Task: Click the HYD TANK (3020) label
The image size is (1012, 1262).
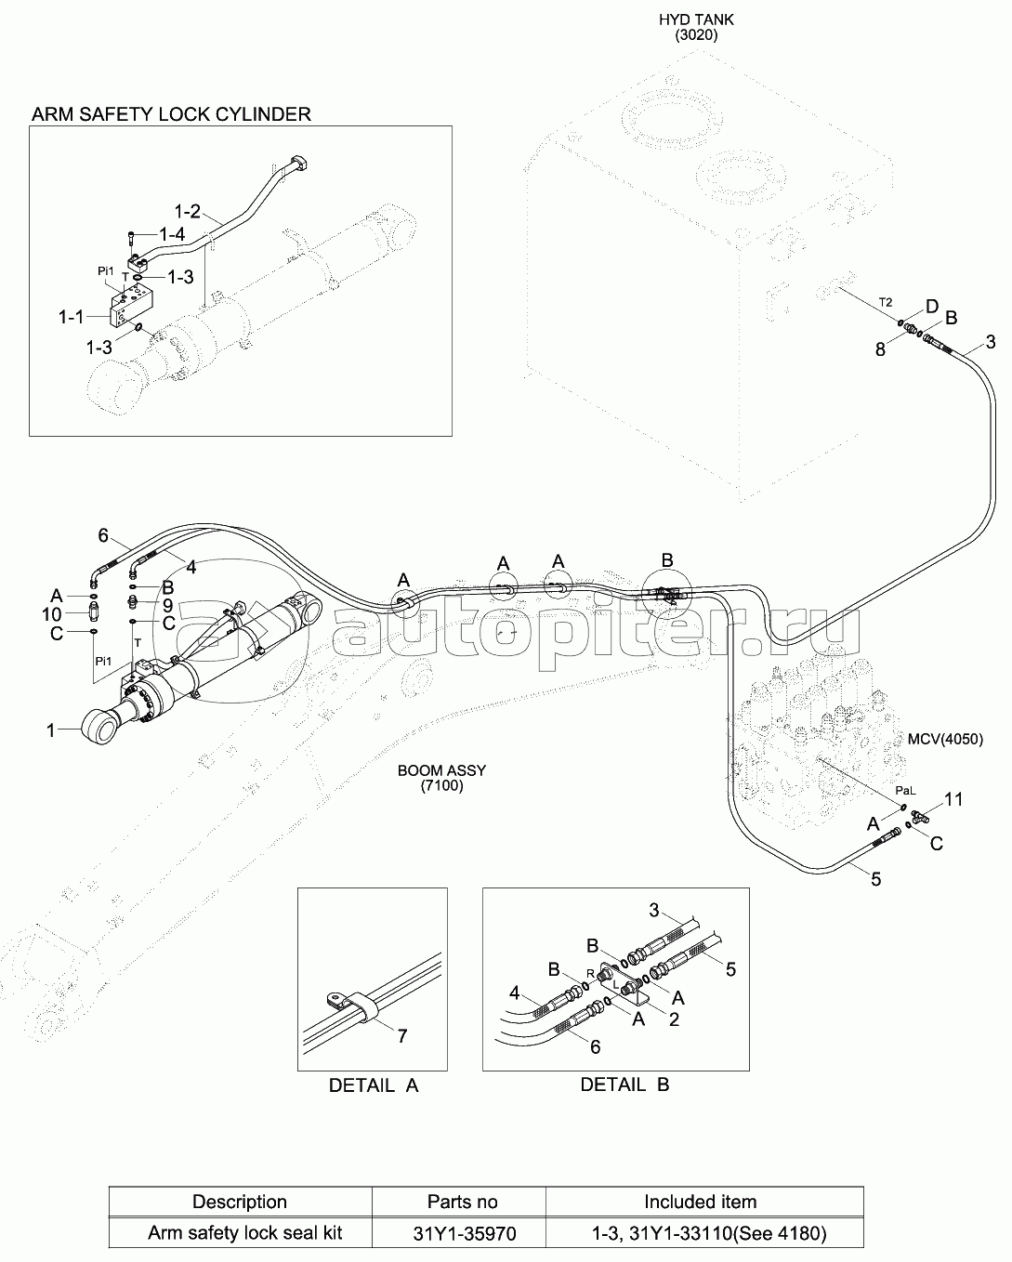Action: (x=696, y=27)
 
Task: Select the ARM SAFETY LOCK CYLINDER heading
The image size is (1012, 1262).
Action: (x=171, y=113)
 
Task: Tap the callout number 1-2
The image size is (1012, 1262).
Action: (x=188, y=211)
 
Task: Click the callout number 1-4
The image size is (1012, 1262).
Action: (x=172, y=234)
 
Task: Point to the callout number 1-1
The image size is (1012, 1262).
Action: (x=72, y=317)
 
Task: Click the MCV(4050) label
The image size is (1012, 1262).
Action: (x=945, y=739)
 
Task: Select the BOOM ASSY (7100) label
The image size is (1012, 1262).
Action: (x=441, y=778)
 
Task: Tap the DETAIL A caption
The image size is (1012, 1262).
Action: (x=374, y=1085)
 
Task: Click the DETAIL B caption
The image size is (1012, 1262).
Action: (x=624, y=1085)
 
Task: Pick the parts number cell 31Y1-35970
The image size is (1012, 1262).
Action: (x=465, y=1233)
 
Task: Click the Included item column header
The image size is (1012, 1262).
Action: (x=701, y=1202)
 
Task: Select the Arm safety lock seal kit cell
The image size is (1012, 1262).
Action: (x=245, y=1232)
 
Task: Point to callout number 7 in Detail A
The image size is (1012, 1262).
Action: (x=402, y=1036)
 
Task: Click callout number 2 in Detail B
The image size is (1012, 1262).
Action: (x=675, y=1019)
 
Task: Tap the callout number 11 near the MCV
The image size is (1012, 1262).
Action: (x=953, y=799)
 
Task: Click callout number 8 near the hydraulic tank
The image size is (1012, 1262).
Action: (x=880, y=349)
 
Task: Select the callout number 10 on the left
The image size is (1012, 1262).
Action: (x=52, y=614)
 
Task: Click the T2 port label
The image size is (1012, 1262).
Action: (x=886, y=302)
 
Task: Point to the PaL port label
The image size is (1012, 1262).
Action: (x=906, y=791)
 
